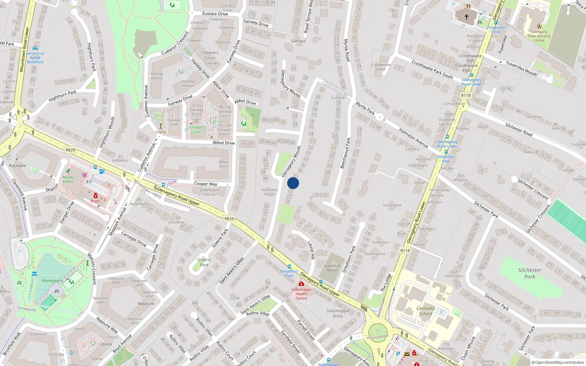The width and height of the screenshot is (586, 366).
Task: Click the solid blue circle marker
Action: (293, 183)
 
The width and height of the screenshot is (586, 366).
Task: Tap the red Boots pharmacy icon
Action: (96, 195)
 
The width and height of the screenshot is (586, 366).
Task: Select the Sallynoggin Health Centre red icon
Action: (301, 284)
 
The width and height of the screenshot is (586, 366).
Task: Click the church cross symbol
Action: (467, 17)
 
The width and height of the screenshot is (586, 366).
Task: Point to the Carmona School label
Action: (426, 311)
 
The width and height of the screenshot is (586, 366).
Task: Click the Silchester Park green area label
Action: (530, 273)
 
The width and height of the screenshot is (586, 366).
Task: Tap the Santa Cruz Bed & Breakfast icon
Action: (35, 48)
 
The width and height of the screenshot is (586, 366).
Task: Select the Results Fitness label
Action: (68, 179)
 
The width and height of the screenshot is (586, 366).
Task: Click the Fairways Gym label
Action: (197, 130)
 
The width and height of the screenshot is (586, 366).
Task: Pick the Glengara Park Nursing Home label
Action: (539, 36)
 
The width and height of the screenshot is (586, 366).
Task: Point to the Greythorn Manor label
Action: (332, 268)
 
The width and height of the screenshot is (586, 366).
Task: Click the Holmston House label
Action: (270, 192)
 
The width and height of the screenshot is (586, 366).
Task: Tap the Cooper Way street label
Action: (205, 184)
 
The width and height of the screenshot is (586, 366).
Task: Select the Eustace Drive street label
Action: (215, 14)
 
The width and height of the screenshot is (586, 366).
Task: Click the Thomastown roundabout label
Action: (378, 336)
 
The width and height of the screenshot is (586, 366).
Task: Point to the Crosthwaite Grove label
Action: (381, 67)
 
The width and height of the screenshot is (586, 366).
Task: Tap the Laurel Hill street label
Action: (311, 250)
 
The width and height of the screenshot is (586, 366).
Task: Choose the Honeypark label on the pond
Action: (52, 280)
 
